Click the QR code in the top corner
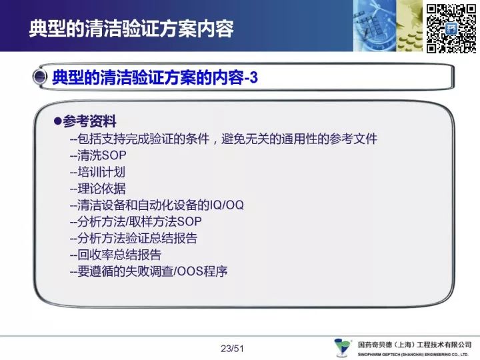(451, 29)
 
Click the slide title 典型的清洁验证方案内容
(131, 29)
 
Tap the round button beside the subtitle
(39, 77)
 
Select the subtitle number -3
(251, 77)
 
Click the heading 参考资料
(89, 121)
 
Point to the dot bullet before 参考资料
(57, 121)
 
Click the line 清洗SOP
(98, 155)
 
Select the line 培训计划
(97, 172)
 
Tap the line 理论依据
(97, 188)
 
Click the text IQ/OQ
(227, 205)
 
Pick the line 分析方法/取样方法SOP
(136, 221)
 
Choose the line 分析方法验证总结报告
(134, 238)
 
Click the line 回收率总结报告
(116, 255)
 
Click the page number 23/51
(232, 349)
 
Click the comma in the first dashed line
(215, 141)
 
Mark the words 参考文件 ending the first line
(353, 139)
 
